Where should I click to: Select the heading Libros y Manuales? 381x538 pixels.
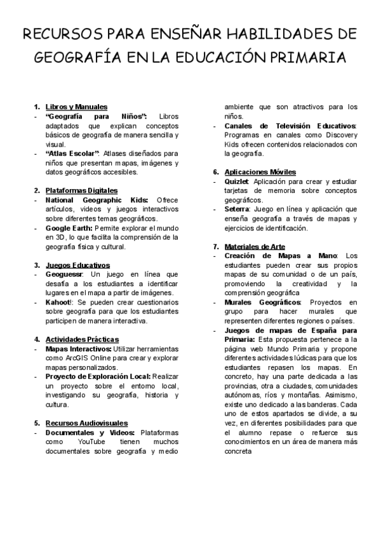pos(76,107)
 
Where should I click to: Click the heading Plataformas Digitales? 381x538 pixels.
pos(81,190)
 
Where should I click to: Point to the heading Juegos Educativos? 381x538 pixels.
pos(77,265)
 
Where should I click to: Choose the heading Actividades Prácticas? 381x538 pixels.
pos(82,339)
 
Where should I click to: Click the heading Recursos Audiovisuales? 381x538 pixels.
pos(86,423)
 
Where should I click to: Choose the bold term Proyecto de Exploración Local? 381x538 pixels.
pos(98,376)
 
